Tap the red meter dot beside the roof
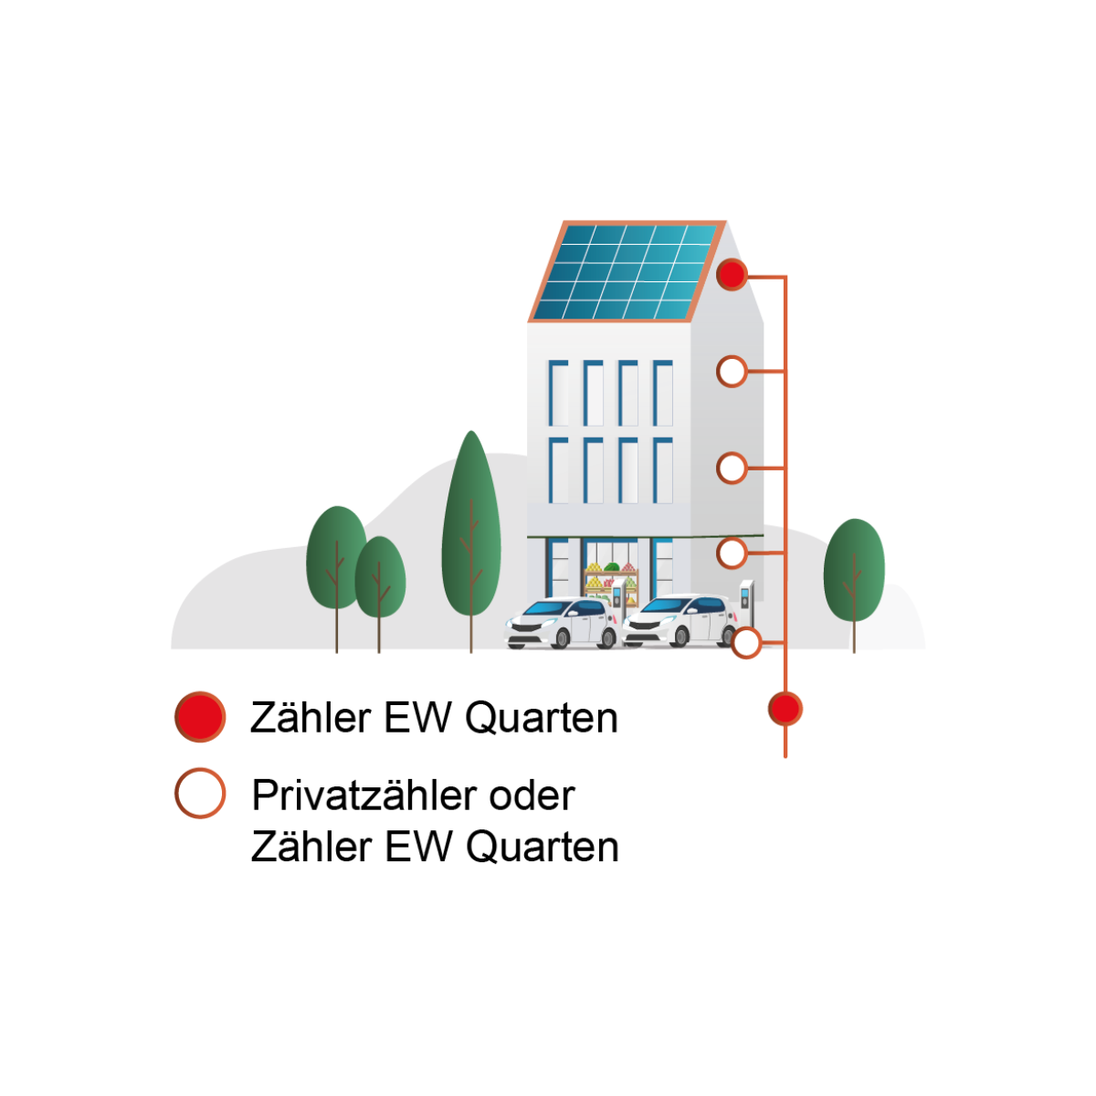pos(732,274)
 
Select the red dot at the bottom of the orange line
pos(785,709)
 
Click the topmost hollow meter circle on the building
pos(732,372)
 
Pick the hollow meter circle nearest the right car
pos(746,643)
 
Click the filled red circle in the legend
pos(200,717)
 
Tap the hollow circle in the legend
pos(200,793)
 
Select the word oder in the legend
pos(532,796)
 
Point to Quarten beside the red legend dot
pos(542,719)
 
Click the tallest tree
pos(471,530)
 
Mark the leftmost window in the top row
pos(558,393)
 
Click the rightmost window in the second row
pos(662,470)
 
